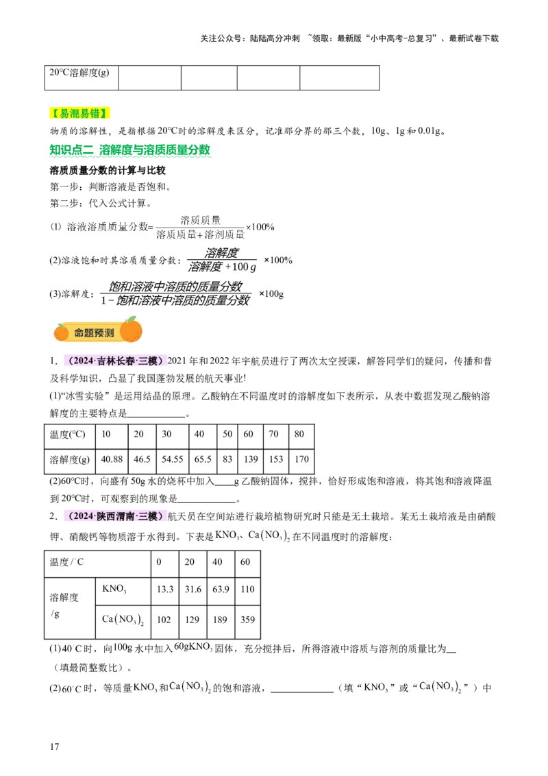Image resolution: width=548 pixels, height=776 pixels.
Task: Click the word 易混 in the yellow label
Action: (70, 113)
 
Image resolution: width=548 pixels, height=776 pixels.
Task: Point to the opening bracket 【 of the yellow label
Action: (54, 113)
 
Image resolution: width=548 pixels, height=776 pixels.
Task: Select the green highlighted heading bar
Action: (131, 151)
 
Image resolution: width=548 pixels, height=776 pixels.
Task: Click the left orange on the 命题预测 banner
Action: (61, 332)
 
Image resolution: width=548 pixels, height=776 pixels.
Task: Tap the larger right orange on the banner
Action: (131, 330)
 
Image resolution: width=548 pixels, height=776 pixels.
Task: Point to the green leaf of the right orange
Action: (134, 319)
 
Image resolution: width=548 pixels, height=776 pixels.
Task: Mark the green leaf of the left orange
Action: (64, 325)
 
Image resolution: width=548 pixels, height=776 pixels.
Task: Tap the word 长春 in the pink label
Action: (126, 361)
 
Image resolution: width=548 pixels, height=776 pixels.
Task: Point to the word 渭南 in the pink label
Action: (126, 516)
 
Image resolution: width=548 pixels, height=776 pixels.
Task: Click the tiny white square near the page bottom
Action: (129, 655)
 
